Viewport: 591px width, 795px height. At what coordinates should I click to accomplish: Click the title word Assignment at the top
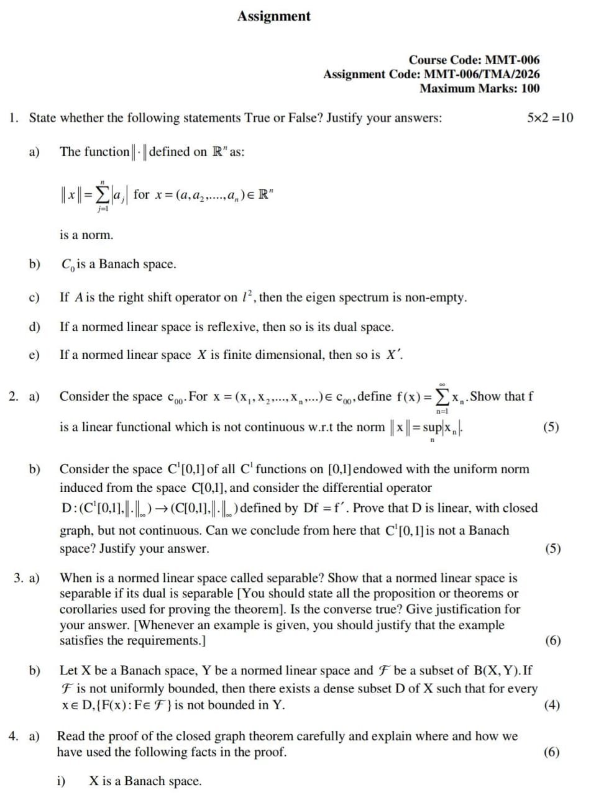coord(273,16)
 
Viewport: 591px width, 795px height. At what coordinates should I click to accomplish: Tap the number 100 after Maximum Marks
coord(529,88)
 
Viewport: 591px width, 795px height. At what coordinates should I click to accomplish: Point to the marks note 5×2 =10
coord(549,117)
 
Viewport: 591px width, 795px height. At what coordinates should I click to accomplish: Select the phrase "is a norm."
coord(86,235)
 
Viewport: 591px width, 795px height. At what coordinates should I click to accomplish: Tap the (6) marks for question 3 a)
coord(552,641)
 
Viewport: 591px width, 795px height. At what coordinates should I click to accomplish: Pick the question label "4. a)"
coord(24,737)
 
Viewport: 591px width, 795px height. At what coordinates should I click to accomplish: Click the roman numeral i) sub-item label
coord(62,781)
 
